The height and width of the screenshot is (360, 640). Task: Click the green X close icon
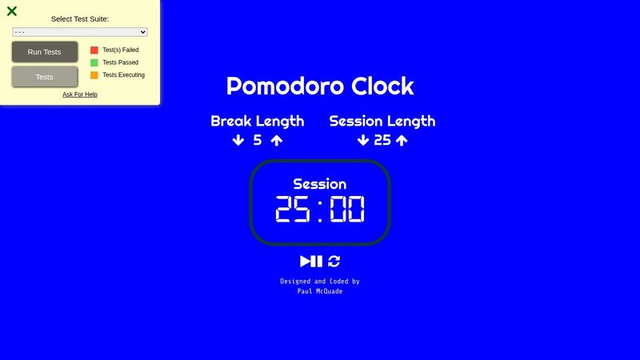tap(12, 11)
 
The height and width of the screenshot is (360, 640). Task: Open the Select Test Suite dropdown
tap(80, 32)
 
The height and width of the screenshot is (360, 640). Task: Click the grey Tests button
tap(45, 77)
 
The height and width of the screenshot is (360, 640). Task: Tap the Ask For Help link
tap(80, 94)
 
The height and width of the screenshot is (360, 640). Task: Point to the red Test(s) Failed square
tap(94, 50)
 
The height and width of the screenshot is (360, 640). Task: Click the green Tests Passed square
tap(94, 62)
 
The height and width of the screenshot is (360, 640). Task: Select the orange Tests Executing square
tap(94, 75)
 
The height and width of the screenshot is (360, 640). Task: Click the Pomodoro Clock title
tap(320, 86)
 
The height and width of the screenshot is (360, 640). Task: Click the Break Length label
tap(257, 122)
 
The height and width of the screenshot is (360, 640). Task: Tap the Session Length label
tap(382, 122)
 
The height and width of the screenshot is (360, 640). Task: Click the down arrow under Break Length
tap(238, 141)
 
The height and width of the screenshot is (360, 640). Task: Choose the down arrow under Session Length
tap(363, 141)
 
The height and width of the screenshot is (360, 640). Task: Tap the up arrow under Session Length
tap(402, 141)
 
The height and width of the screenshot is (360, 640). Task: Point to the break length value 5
tap(258, 141)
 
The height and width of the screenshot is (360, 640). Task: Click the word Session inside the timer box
tap(320, 184)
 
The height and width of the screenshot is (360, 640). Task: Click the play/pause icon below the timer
tap(311, 261)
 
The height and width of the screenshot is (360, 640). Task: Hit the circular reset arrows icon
tap(334, 261)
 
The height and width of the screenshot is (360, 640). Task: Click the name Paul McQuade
tap(320, 291)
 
